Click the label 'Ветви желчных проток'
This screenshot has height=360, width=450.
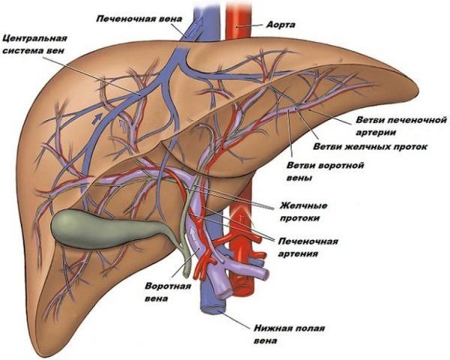coord(370,146)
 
